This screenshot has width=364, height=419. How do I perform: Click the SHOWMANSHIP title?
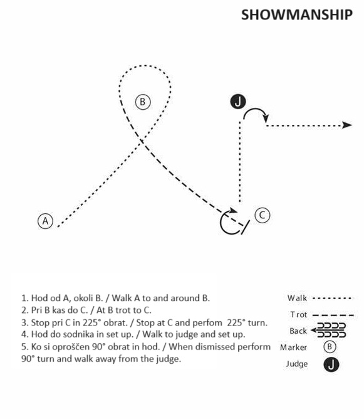[297, 14]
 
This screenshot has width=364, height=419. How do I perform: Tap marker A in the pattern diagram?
[45, 221]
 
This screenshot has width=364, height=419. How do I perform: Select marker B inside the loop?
[142, 102]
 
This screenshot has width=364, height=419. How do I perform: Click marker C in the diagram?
[263, 215]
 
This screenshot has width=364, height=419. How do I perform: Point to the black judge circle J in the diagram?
[238, 102]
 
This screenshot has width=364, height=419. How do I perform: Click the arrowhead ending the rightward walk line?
[347, 125]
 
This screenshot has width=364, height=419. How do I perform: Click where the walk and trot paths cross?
[142, 142]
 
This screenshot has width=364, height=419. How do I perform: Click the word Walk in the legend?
[297, 298]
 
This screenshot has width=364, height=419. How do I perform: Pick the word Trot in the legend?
[299, 314]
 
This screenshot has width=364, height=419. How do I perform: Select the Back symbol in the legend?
[328, 331]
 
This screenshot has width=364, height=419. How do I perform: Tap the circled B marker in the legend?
[330, 347]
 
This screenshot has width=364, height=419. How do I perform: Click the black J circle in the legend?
[331, 365]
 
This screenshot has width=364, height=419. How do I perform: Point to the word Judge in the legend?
[297, 364]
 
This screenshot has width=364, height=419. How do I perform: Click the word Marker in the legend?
[294, 347]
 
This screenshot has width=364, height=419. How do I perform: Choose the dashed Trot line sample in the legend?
[333, 316]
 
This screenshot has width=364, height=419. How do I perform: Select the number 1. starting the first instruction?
[25, 298]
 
